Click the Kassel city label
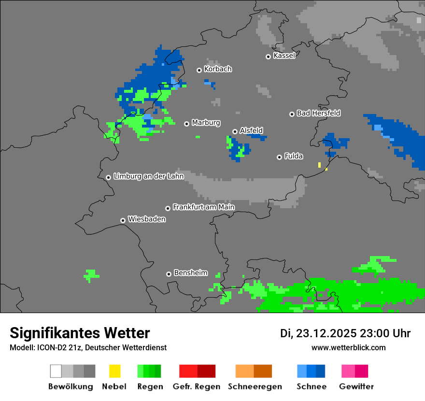284,56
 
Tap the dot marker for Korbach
199,70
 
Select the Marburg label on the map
206,123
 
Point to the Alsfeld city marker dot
235,131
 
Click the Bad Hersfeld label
318,113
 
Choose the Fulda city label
294,156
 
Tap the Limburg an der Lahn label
149,176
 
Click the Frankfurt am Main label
203,207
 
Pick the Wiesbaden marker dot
123,220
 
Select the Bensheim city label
190,273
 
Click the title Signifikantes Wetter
80,333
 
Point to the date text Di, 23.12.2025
318,333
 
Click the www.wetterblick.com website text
348,347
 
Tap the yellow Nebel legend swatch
114,371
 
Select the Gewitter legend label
356,387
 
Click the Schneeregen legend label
255,387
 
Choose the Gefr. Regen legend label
197,387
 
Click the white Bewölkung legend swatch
56,371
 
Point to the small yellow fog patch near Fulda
320,165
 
